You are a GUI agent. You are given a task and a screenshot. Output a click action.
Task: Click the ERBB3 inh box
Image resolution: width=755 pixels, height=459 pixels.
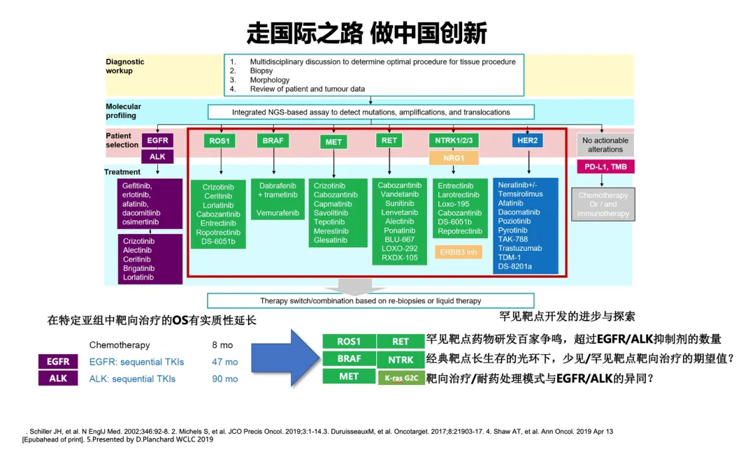coord(459,252)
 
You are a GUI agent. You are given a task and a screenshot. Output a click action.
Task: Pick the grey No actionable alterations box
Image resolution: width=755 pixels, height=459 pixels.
coord(605,145)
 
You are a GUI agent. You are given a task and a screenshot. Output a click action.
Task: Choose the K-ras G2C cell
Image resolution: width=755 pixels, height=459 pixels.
coord(401,378)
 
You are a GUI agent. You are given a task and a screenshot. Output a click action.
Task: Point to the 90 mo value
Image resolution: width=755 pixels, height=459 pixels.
coord(224,379)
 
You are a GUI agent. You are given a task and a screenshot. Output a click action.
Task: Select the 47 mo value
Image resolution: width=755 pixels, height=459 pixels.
coord(224,362)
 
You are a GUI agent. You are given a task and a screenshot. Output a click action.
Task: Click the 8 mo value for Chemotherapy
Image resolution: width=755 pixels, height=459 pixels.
coord(222,345)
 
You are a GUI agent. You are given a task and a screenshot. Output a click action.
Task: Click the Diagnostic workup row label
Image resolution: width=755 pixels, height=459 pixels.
coord(125,66)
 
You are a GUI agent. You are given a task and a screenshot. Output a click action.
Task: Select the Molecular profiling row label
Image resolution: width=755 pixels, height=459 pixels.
coord(123,111)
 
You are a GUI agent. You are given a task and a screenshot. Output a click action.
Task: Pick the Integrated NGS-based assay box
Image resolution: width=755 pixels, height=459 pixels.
coord(371,112)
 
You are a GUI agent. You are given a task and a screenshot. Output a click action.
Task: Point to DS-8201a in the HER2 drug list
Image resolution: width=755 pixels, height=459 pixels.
coord(515,266)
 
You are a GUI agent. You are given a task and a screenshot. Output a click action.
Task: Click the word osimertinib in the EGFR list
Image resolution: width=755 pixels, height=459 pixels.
coord(141,222)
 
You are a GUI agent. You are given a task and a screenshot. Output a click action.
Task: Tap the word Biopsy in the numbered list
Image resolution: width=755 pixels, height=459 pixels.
coord(261,71)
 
